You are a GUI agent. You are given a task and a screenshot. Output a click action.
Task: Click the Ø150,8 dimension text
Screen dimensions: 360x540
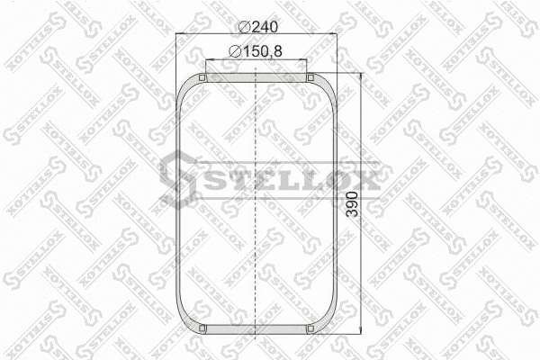coord(256,52)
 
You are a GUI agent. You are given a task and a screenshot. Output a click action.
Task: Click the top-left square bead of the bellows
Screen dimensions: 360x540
coord(203,78)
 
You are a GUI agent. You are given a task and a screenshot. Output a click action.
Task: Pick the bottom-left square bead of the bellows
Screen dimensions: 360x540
coord(203,328)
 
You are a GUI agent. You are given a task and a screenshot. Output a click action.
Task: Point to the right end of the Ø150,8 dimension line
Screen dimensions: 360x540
coord(308,60)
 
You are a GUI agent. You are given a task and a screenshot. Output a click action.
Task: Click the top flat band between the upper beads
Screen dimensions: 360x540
coord(257,78)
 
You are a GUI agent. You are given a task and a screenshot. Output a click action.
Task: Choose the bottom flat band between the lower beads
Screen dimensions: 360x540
coord(257,328)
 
